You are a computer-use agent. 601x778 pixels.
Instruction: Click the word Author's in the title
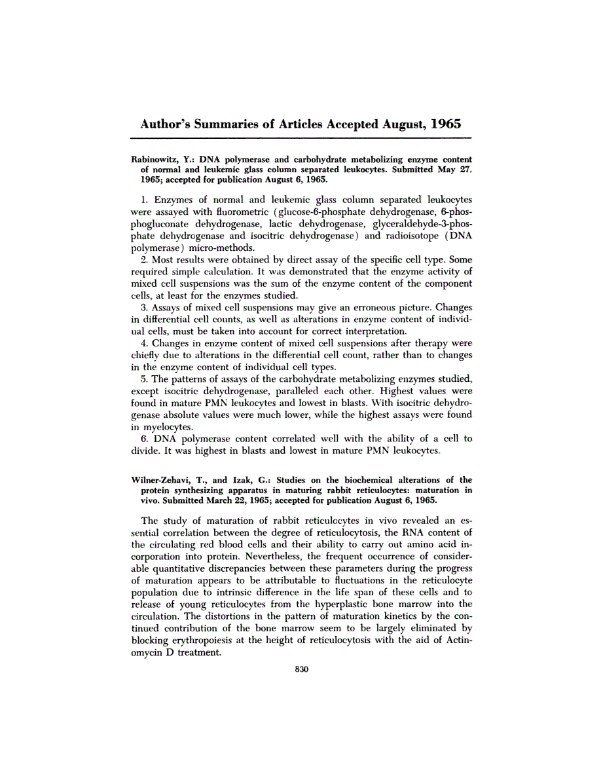(x=169, y=124)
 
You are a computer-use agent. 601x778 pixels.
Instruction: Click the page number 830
(x=301, y=669)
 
